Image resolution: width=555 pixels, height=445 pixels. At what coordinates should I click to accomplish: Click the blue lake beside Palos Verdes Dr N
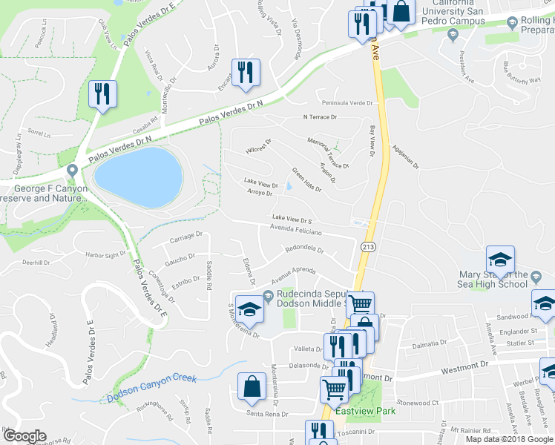coord(138,177)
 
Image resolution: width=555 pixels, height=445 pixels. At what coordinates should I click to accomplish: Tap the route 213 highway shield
coord(368,245)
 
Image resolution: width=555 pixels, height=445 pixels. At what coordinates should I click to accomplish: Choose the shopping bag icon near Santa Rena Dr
coord(252,386)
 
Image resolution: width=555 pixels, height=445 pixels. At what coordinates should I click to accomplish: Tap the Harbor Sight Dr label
coord(105,255)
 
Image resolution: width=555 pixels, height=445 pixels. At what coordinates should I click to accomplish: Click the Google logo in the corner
coord(25,436)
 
